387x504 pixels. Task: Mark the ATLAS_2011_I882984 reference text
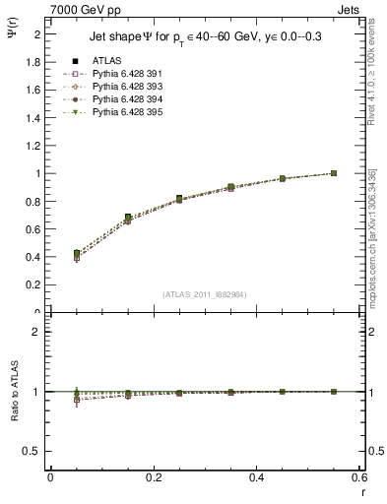tap(204, 293)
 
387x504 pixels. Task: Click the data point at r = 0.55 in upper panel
tap(334, 173)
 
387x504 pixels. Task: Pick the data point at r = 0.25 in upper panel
tap(179, 198)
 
